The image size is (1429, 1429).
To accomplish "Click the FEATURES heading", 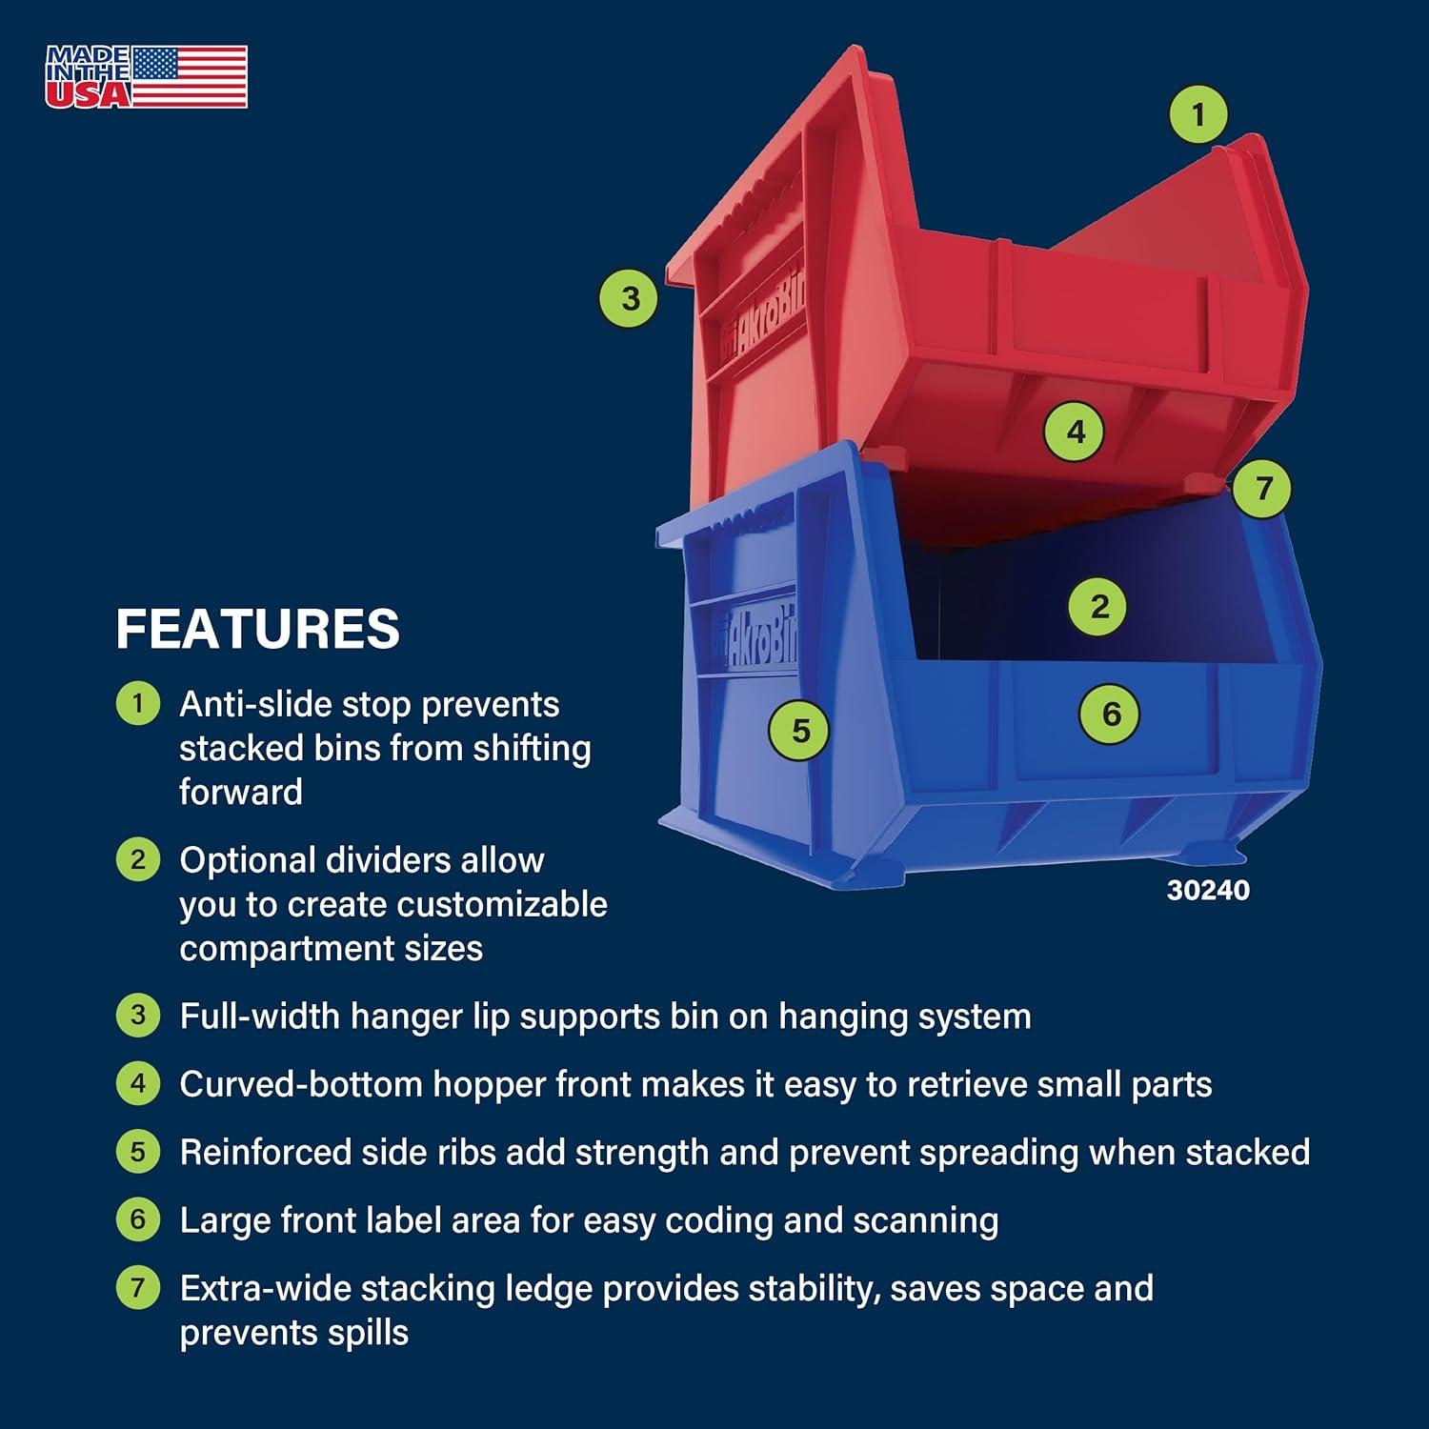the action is point(257,629).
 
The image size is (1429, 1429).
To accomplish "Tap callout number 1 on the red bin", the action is point(1198,114).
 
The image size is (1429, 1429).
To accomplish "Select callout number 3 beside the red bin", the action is point(630,298).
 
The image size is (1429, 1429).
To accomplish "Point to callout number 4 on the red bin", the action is point(1076,432).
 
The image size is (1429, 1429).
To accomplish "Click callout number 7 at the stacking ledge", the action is point(1263,488).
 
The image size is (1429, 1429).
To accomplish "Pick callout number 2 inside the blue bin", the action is point(1099,607).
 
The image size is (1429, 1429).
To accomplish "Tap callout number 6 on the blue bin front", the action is point(1111,714).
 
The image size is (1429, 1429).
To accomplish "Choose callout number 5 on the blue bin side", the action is point(800,731).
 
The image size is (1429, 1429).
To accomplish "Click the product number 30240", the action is point(1208,890).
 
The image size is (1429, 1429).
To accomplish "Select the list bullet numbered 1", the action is point(138,705).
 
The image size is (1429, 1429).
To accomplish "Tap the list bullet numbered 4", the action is point(138,1084).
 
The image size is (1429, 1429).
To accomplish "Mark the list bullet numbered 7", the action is point(138,1288).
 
